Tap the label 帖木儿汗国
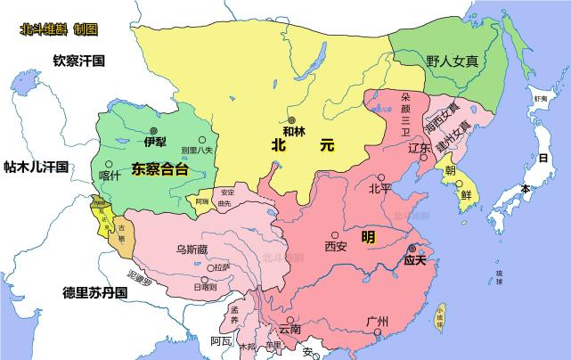(37, 167)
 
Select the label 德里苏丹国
(94, 292)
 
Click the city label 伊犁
(155, 142)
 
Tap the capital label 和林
(294, 132)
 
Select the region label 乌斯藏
(192, 250)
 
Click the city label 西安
(336, 245)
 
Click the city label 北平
(379, 188)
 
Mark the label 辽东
(420, 150)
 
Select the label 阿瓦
(221, 340)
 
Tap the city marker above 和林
(290, 120)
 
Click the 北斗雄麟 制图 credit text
(59, 29)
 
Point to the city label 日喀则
(204, 287)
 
